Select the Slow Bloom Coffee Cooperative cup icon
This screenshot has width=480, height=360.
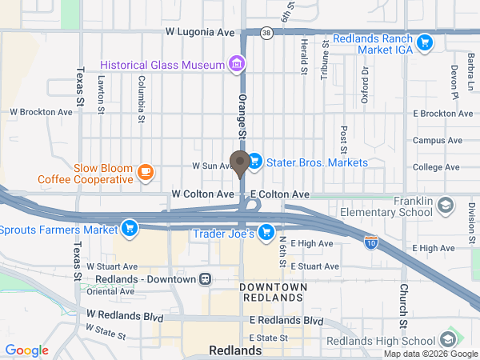145,171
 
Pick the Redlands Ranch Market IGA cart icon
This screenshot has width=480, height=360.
426,42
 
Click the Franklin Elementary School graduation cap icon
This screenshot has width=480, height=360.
443,206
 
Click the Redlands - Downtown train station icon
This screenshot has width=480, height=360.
206,279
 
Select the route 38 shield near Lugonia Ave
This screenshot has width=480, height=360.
266,33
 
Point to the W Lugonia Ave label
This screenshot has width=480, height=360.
200,33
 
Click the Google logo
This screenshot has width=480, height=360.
26,350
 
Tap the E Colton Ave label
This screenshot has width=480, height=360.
279,194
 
